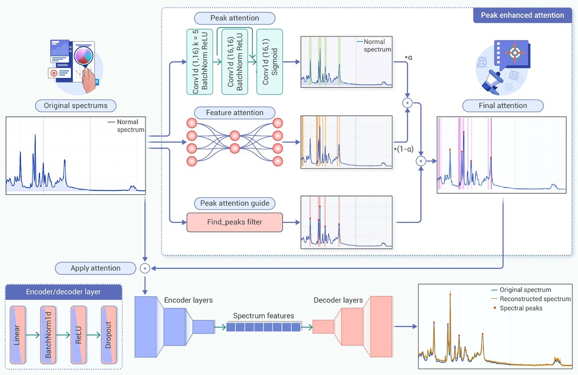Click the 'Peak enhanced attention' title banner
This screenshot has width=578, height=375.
click(x=522, y=15)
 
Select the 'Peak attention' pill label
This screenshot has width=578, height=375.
click(x=235, y=18)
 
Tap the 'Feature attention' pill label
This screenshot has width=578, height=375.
click(x=235, y=113)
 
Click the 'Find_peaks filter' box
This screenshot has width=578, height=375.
click(x=235, y=222)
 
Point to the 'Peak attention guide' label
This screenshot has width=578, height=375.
click(x=235, y=203)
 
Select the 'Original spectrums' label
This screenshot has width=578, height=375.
click(x=75, y=105)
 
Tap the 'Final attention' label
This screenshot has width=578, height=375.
click(x=503, y=105)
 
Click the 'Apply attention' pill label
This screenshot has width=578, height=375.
click(x=95, y=268)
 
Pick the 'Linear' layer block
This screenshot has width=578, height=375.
click(x=18, y=335)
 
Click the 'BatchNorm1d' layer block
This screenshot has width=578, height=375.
click(x=48, y=335)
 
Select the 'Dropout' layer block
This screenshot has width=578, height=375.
click(x=109, y=335)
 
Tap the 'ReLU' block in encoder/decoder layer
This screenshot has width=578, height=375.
click(x=79, y=335)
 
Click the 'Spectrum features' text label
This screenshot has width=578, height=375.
click(x=264, y=316)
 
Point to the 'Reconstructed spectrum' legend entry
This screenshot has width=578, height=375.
click(x=531, y=299)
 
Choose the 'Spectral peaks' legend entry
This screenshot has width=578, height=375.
click(x=518, y=308)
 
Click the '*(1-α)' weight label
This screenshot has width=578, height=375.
click(x=403, y=149)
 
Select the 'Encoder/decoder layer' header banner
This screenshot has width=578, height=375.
click(x=63, y=292)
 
